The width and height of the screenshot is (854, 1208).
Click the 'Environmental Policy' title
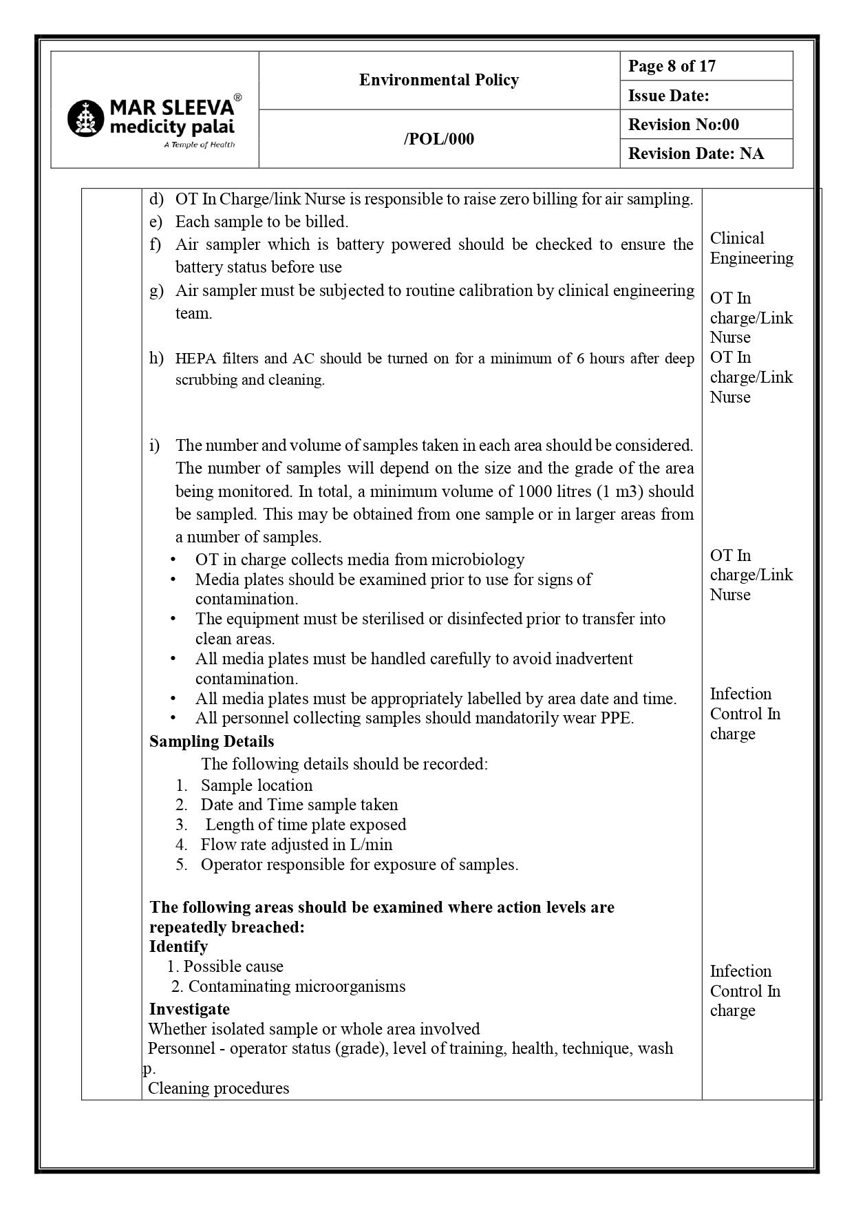(438, 81)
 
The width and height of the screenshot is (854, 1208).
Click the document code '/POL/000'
(438, 139)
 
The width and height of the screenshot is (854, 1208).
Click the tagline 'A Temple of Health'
(199, 145)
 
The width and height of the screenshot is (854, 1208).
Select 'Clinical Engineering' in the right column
(751, 248)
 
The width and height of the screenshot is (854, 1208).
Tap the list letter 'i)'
(155, 445)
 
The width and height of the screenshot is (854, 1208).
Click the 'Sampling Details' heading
(211, 741)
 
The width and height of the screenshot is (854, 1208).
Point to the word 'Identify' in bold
(178, 946)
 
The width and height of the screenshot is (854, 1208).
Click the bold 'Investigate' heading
(189, 1009)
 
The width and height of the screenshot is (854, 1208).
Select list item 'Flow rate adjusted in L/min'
(296, 845)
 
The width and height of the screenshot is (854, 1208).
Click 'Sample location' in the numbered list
(256, 785)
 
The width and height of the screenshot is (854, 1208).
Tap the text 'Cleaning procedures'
(218, 1088)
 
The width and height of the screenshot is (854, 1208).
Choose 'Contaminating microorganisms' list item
(297, 986)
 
